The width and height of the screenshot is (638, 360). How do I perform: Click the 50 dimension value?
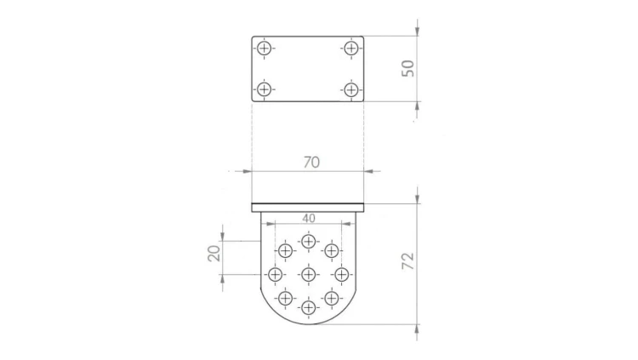pos(407,68)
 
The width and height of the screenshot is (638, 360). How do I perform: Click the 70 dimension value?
pos(311,163)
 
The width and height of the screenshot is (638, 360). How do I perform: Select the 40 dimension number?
pos(309,219)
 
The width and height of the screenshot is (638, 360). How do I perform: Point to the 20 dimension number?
pos(214,254)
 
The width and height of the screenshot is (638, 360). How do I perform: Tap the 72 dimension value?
pos(407,261)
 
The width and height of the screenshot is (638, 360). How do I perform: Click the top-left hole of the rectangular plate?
pos(265,49)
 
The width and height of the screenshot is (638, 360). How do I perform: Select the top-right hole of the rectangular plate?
pos(350,49)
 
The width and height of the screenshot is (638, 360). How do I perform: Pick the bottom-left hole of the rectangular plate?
pos(265,89)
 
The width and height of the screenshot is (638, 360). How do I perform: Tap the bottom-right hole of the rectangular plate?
pos(350,89)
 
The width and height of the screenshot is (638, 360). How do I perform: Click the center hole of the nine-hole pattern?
pos(309,275)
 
